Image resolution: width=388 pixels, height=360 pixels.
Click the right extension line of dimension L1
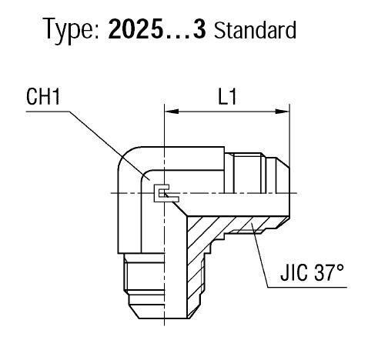coord(289,138)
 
